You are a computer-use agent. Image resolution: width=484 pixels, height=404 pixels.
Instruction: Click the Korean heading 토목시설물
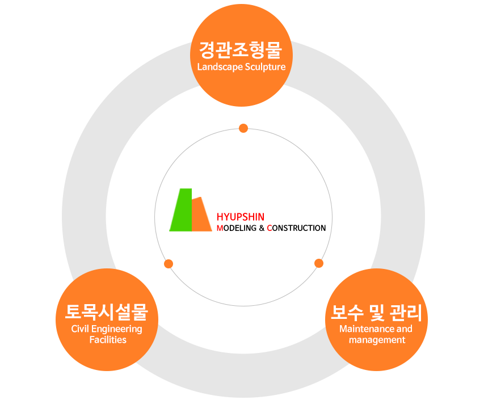point(107,312)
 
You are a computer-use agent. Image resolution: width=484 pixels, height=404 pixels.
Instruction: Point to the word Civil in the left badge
point(81,329)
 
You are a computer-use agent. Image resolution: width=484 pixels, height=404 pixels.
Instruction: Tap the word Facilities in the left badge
point(108,340)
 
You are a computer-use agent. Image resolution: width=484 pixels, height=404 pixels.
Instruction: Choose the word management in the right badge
point(377,340)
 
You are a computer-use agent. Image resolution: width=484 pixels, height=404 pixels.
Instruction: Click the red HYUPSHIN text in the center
point(241,217)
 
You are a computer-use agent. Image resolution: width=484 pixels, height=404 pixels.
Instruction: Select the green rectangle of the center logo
point(180,210)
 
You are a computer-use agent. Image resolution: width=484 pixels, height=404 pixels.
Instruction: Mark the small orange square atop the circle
point(243,128)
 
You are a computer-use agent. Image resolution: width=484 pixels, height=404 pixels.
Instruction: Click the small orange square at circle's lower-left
point(168,263)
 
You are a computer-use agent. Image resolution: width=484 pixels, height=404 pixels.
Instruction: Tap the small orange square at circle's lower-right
point(319,263)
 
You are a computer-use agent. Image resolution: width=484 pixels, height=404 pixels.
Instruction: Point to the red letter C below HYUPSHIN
point(270,228)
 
